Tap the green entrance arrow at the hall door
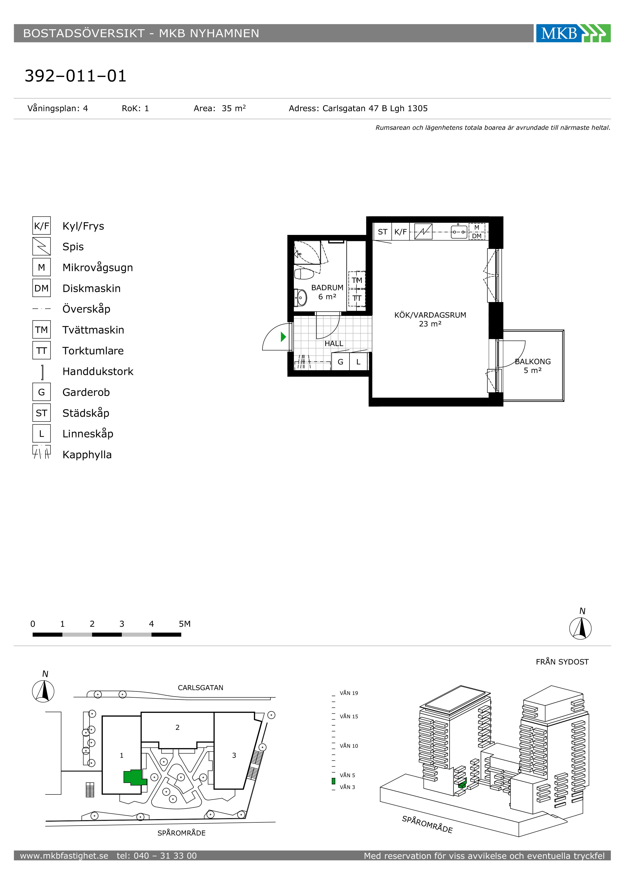(x=284, y=337)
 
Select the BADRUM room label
(x=327, y=288)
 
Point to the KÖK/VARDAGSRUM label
(x=430, y=315)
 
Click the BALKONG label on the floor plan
(x=533, y=361)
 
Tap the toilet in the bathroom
(x=304, y=274)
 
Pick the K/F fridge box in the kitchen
(x=400, y=232)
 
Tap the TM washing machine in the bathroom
(x=357, y=280)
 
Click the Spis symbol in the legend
(x=42, y=246)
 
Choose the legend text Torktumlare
(x=93, y=351)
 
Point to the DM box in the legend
(x=42, y=288)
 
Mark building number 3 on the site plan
(x=234, y=755)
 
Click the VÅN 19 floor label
(x=349, y=693)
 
